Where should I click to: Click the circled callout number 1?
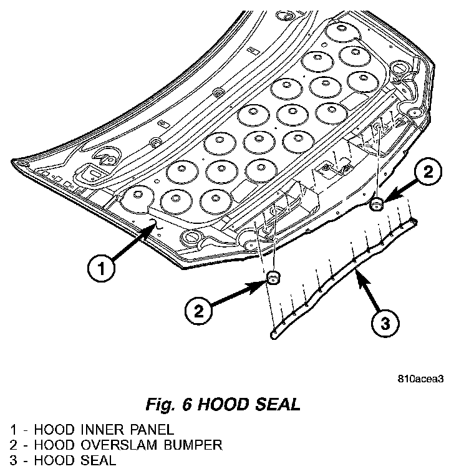point(101,268)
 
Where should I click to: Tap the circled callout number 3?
point(385,323)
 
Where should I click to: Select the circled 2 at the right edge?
point(428,172)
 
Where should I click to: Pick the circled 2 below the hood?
point(198,310)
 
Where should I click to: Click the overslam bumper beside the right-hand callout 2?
point(376,205)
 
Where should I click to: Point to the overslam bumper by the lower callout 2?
point(273,278)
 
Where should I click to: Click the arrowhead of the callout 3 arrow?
point(361,277)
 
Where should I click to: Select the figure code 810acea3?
point(420,379)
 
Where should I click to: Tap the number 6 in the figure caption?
point(186,404)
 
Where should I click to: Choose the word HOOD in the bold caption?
point(223,404)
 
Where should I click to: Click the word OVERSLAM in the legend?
point(119,445)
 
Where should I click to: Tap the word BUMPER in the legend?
point(193,445)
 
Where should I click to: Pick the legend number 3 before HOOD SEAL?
point(14,460)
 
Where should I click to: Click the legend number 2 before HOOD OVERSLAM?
point(14,445)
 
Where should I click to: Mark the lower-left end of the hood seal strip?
point(273,335)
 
